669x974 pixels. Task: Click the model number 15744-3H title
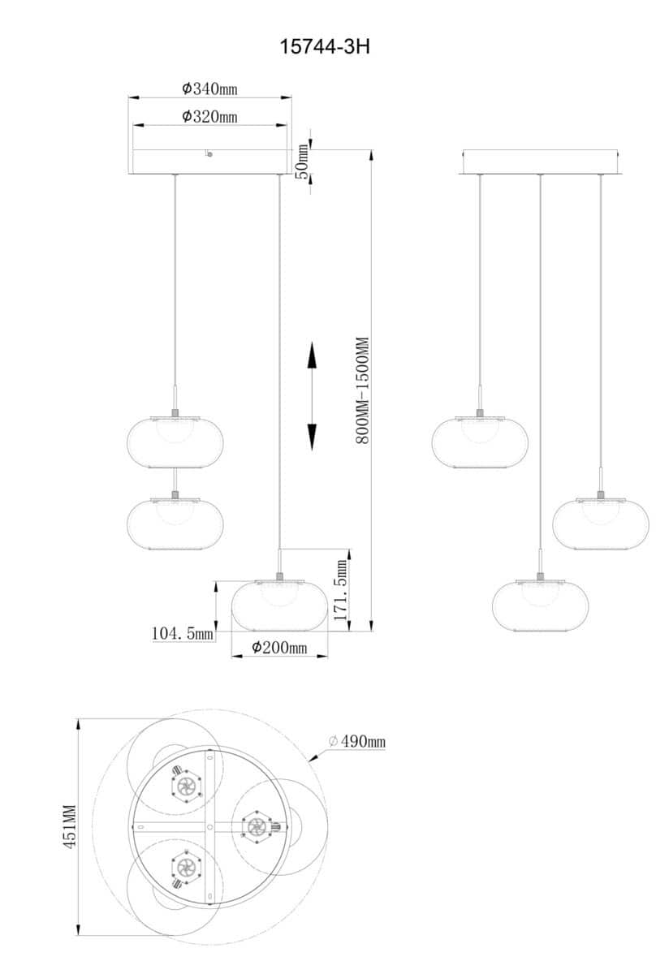tap(325, 46)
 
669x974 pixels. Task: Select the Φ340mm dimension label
tap(209, 88)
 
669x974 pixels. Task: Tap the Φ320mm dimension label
tap(209, 117)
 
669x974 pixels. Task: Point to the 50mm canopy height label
tap(301, 162)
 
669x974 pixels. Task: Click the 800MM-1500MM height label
tap(362, 390)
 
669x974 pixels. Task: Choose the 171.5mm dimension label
tap(340, 590)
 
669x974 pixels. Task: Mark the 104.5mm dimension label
tap(182, 633)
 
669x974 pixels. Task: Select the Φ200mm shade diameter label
tap(279, 648)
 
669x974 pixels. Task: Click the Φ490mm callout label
tap(357, 741)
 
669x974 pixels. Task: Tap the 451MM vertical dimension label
tap(70, 826)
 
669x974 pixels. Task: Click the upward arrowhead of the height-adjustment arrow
tap(312, 355)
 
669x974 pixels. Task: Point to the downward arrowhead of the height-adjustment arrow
tap(312, 437)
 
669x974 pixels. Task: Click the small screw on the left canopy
tap(209, 154)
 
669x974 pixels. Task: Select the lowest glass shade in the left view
tap(279, 606)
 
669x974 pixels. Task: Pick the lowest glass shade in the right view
tap(540, 606)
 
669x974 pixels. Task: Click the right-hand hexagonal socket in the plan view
tap(257, 826)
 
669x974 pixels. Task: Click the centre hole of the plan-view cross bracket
tap(210, 826)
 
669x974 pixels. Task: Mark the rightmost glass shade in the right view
tap(601, 524)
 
